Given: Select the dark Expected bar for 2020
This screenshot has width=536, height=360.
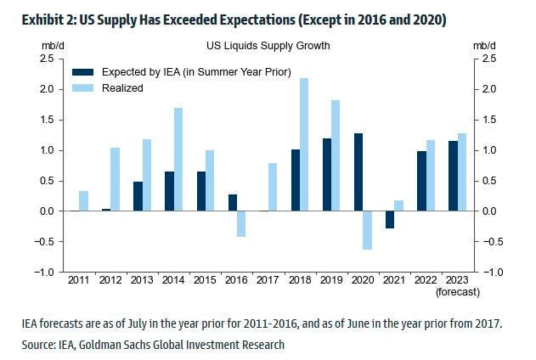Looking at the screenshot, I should tap(358, 172).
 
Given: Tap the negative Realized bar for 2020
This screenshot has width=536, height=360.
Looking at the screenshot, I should tap(368, 230).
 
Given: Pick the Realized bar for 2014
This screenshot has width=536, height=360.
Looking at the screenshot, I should tap(178, 160).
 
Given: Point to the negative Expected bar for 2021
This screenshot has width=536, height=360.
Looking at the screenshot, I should tap(390, 220).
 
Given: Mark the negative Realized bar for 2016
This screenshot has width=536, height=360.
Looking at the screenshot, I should tap(241, 224).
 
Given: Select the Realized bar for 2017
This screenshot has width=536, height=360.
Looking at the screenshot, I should tap(273, 187).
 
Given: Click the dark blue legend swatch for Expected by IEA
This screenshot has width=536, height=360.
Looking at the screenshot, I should tap(82, 72).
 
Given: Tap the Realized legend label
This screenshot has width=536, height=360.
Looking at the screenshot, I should tap(122, 87).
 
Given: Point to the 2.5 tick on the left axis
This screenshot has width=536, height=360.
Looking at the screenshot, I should tap(48, 58).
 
